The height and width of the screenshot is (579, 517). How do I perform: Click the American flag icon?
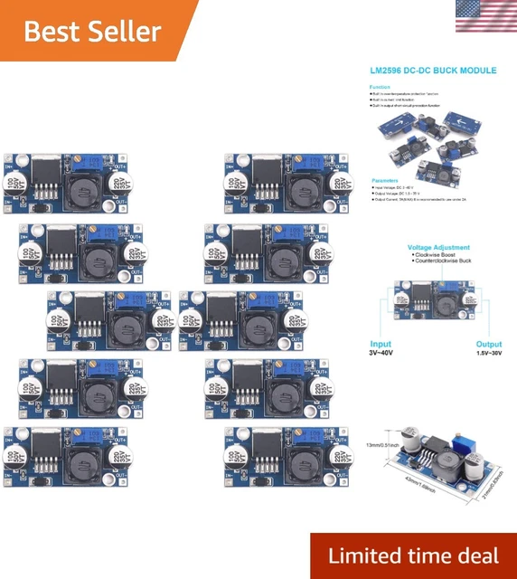(485, 15)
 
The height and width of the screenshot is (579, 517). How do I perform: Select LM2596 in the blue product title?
(391, 69)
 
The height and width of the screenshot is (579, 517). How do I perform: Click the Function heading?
(380, 87)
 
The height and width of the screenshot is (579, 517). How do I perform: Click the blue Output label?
(489, 344)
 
